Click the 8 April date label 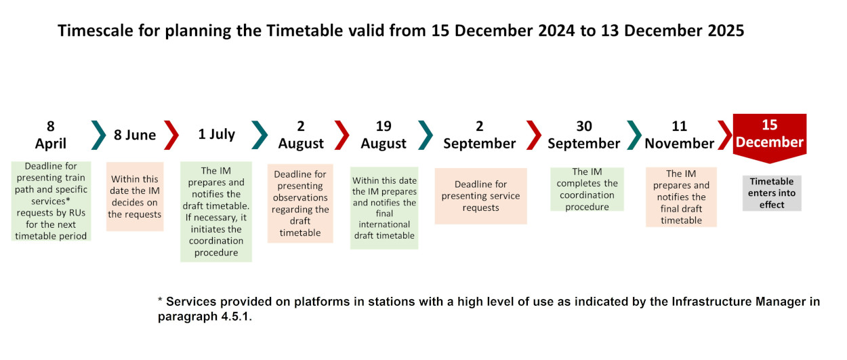(51, 135)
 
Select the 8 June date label (135, 135)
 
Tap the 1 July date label (216, 134)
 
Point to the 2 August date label (301, 135)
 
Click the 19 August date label (384, 135)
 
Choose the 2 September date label (480, 135)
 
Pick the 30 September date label (584, 135)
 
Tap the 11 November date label (679, 135)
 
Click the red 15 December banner (770, 138)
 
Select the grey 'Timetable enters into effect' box (772, 193)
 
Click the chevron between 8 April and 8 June (99, 135)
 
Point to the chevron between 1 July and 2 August (260, 135)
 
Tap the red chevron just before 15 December (725, 135)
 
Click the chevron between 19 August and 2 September (426, 135)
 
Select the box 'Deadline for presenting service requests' (480, 196)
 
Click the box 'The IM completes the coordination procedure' (587, 189)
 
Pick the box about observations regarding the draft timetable (300, 203)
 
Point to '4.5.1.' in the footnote (236, 316)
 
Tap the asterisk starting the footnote (161, 300)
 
